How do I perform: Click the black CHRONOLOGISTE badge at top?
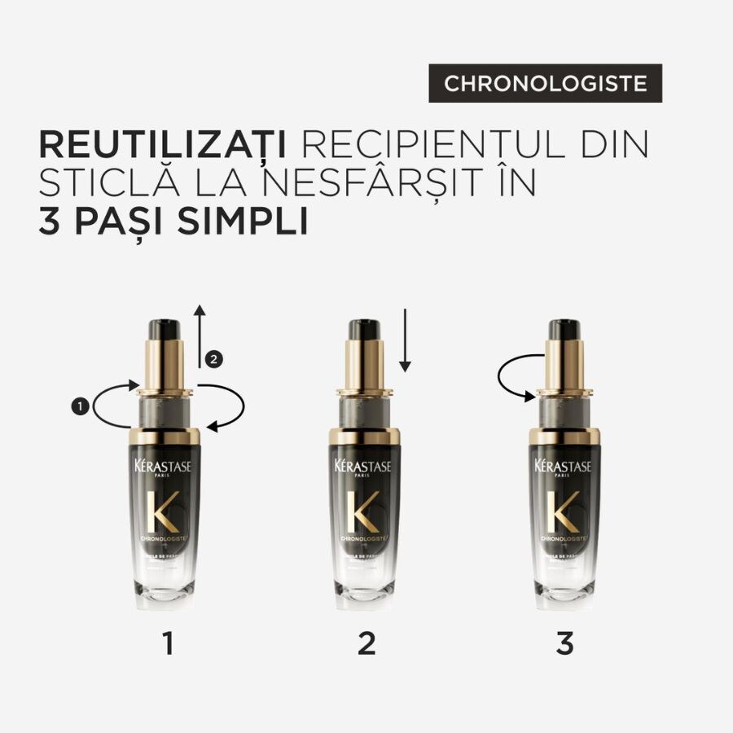tap(546, 83)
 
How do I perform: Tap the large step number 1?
tap(168, 643)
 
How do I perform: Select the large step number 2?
tap(366, 643)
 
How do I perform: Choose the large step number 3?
tap(564, 643)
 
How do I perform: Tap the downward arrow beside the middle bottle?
tap(406, 345)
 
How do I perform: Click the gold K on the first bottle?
tap(168, 512)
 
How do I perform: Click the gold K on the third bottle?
tap(564, 512)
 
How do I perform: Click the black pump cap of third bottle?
tap(564, 330)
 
